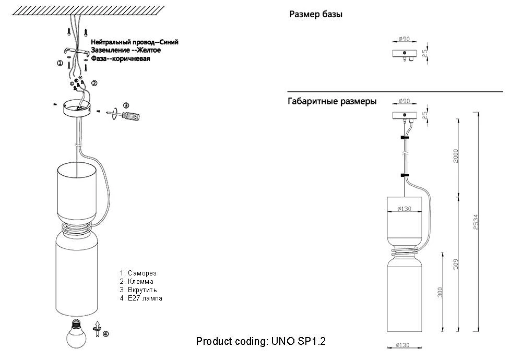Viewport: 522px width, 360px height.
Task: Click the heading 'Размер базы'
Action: [x=316, y=15]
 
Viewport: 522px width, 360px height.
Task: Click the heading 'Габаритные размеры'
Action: [x=332, y=101]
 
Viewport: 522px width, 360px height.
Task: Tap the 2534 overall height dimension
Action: [x=476, y=223]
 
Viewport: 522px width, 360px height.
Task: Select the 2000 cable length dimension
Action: [x=455, y=155]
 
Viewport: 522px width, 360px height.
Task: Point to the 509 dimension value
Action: [x=456, y=264]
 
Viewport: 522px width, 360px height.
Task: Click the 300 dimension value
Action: [x=440, y=293]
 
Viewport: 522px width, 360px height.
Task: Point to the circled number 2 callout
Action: [x=94, y=83]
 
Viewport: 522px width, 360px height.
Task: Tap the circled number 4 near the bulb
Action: [x=106, y=334]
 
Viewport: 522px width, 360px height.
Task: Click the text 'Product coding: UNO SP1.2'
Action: [x=261, y=341]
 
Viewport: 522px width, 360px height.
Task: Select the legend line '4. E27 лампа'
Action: [x=141, y=298]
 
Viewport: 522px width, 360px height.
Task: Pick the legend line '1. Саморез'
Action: [x=138, y=273]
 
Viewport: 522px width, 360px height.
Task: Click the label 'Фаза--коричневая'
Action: [x=121, y=59]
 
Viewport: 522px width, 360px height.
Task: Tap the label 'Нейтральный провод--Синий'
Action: [x=134, y=42]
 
